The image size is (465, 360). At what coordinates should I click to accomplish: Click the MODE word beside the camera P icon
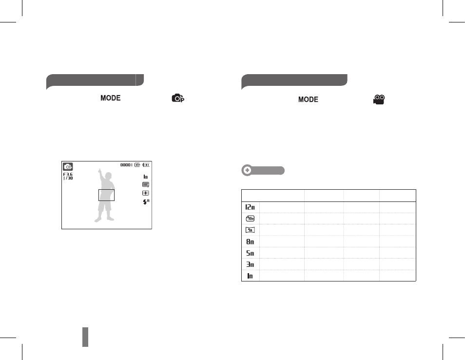(110, 98)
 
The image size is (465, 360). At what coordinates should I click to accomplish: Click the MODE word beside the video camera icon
(308, 100)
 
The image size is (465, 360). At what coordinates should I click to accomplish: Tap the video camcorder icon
(379, 100)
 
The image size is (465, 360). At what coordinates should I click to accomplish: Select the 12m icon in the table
(250, 207)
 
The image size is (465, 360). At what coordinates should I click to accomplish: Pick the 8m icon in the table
(250, 241)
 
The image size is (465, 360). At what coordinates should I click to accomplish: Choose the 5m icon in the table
(250, 253)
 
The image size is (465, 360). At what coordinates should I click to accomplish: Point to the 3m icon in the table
(250, 264)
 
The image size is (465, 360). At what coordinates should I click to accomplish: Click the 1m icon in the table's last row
(250, 276)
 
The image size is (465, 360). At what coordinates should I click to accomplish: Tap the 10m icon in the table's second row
(250, 219)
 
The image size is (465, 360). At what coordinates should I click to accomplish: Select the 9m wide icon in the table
(250, 230)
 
